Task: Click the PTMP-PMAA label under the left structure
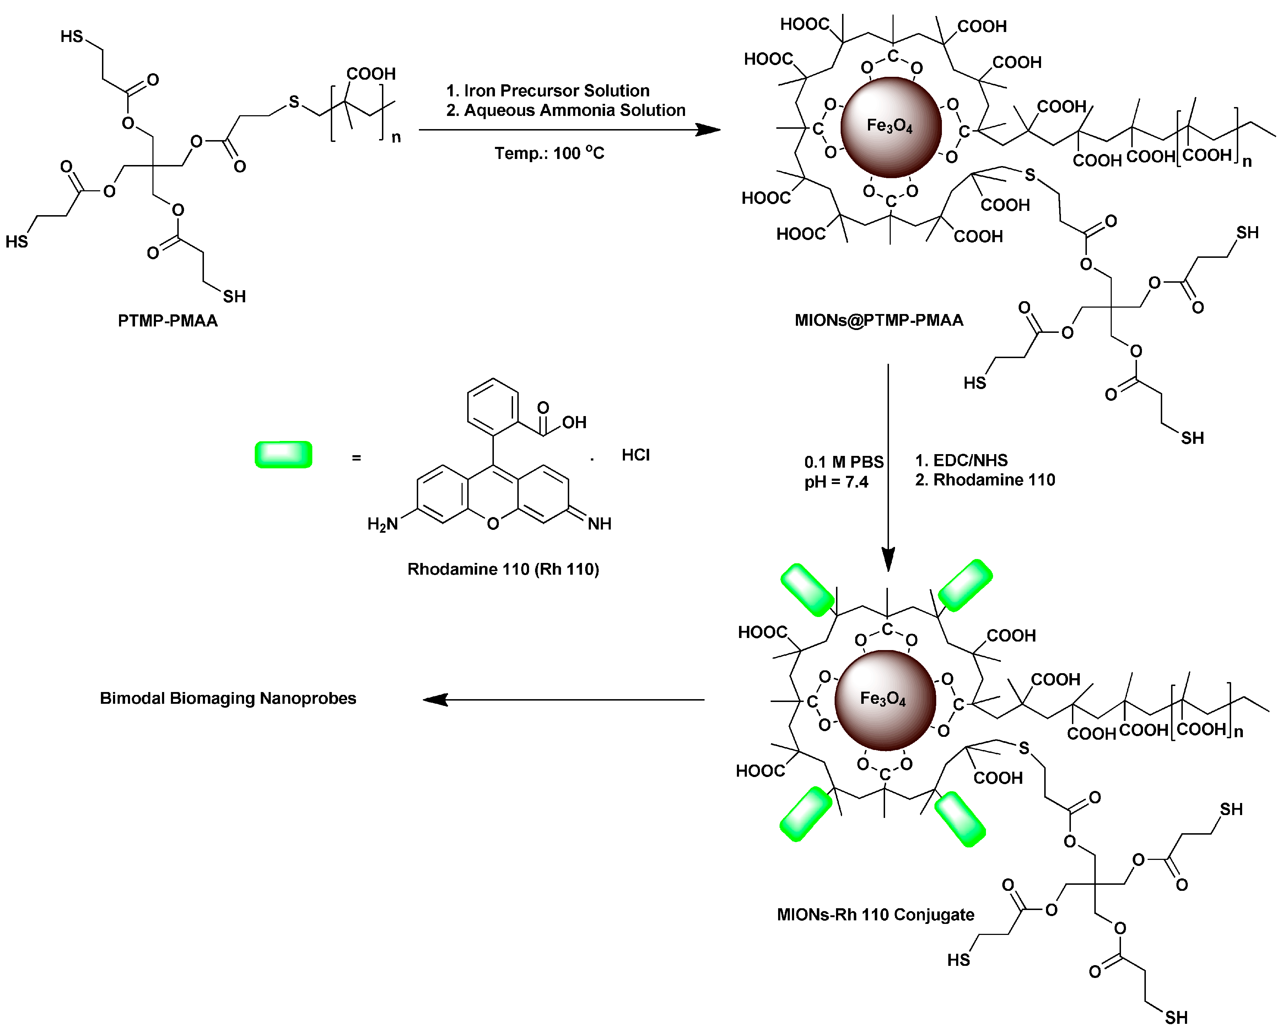(x=167, y=321)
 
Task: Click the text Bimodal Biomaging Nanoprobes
(x=228, y=698)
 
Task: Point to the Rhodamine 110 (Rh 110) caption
(x=503, y=569)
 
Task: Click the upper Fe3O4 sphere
(x=890, y=127)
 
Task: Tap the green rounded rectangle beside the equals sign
(x=283, y=455)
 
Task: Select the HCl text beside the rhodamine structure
(x=636, y=456)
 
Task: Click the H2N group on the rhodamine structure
(x=382, y=524)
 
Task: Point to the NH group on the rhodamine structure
(x=599, y=524)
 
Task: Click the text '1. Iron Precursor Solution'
(x=548, y=91)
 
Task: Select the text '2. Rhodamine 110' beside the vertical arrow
(x=985, y=480)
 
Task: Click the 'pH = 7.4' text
(x=836, y=482)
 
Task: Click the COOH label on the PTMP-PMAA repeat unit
(x=371, y=74)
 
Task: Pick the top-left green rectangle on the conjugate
(x=807, y=590)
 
